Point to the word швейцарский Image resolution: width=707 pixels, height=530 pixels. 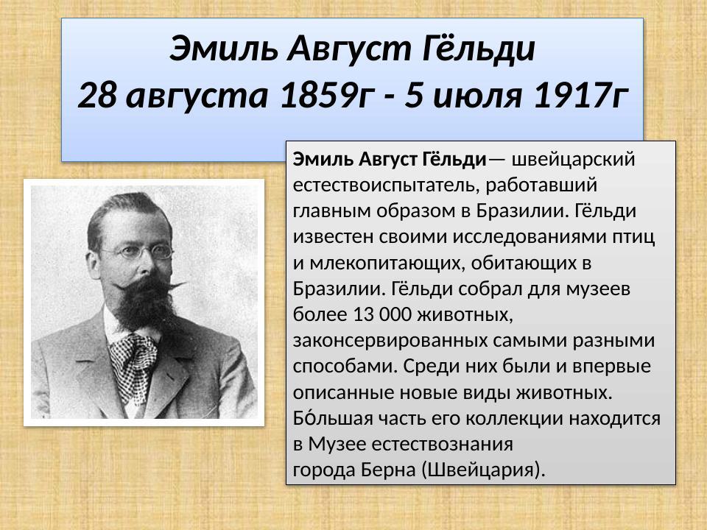(572, 158)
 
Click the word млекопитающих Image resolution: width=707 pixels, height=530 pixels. (379, 261)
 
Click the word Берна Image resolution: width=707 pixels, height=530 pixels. (390, 469)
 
